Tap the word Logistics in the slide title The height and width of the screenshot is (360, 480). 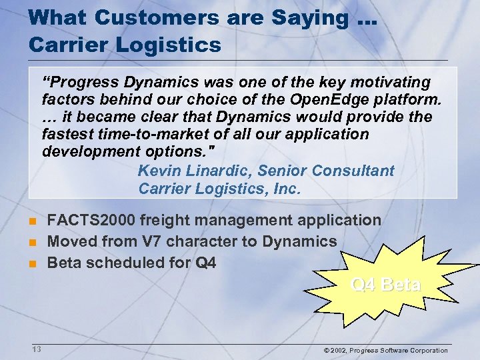[163, 45]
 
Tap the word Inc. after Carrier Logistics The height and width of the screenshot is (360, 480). [287, 189]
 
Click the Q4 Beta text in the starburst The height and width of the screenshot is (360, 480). [385, 285]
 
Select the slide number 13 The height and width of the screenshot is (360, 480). [36, 349]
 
